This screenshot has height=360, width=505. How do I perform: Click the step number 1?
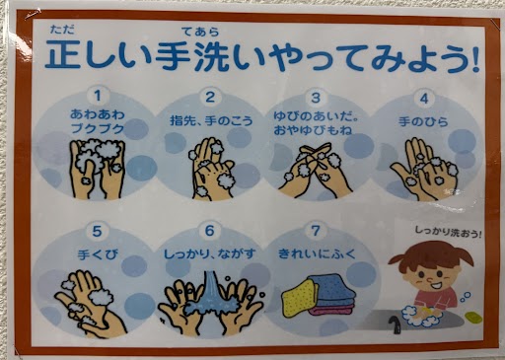tap(97, 96)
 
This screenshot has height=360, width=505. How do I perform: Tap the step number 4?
tap(424, 99)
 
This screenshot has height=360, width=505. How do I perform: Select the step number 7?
tap(316, 231)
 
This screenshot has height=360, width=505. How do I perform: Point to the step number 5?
tap(97, 232)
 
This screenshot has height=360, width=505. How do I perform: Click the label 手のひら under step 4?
tap(423, 121)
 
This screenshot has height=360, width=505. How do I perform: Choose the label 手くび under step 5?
tap(98, 254)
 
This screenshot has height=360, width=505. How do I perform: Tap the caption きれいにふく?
tap(317, 253)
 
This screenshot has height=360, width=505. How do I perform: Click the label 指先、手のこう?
tap(211, 120)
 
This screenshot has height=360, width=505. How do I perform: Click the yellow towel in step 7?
tap(299, 300)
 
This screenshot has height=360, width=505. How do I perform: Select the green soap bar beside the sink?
tap(473, 317)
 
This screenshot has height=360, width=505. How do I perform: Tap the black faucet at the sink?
tap(395, 324)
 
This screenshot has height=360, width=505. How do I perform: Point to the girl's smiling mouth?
tap(436, 285)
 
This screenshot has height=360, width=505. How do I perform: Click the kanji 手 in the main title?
tap(174, 55)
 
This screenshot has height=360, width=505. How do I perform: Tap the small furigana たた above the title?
tap(62, 30)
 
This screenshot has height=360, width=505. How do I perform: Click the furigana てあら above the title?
tap(200, 32)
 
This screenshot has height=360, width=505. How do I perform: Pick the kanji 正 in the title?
tap(63, 54)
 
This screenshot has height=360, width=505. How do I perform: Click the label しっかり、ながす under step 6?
tap(210, 254)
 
